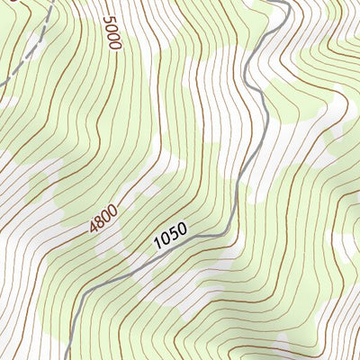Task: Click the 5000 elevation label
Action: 112,33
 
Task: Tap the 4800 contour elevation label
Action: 103,219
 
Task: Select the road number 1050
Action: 169,236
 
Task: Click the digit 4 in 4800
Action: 94,229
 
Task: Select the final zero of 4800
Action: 113,209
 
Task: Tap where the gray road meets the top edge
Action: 287,1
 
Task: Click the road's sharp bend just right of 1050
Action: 229,231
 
